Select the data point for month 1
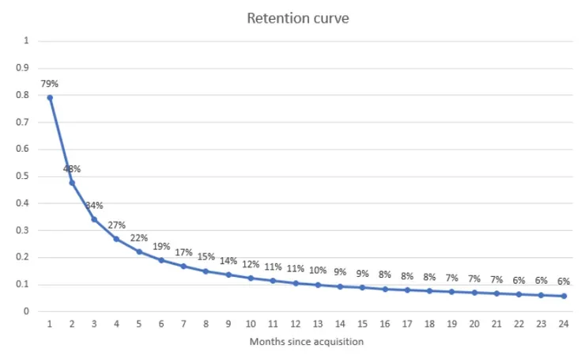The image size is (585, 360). click(x=49, y=97)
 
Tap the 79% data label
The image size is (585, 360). click(x=49, y=83)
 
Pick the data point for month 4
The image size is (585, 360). click(x=116, y=238)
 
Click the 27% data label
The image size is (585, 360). click(x=116, y=225)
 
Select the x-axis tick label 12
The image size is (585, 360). click(x=295, y=324)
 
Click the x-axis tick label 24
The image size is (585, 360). click(x=563, y=324)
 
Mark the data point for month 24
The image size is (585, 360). click(x=563, y=296)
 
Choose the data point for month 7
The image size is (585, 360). click(x=183, y=266)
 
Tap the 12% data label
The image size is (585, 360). click(x=251, y=264)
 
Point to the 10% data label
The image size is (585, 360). click(x=318, y=270)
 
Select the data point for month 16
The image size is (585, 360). click(x=384, y=289)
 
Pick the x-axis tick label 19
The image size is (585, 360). click(x=451, y=324)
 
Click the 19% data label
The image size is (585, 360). click(x=161, y=246)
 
